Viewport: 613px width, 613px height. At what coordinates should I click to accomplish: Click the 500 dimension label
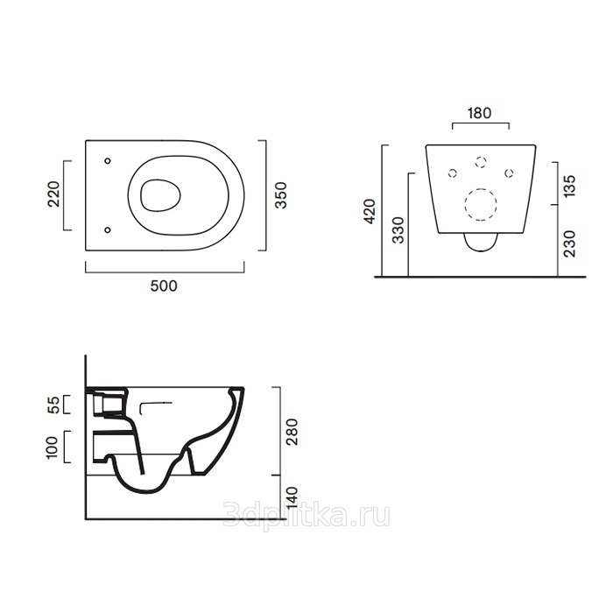164,286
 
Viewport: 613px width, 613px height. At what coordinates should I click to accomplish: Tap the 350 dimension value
281,195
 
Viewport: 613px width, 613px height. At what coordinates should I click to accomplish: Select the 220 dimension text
53,194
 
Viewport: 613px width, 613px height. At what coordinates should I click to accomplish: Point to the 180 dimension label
479,113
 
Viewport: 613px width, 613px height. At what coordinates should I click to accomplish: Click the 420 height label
369,212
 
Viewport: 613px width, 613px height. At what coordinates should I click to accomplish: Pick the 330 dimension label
398,230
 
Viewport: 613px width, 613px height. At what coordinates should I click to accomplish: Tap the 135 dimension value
570,186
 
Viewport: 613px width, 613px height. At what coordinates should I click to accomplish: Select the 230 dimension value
570,243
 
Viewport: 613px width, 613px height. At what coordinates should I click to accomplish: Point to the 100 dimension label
52,447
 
